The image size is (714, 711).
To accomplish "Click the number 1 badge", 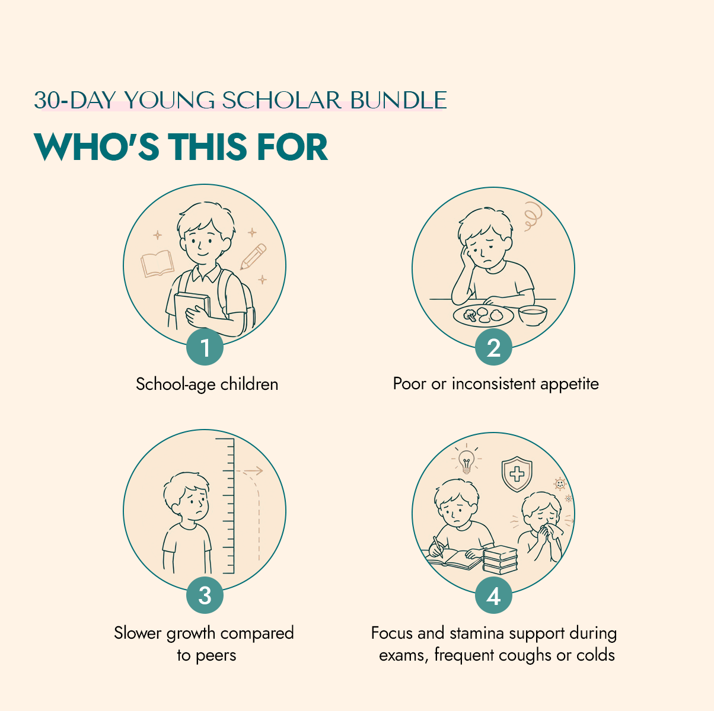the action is pyautogui.click(x=205, y=347).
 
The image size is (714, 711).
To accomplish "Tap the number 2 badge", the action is pyautogui.click(x=493, y=347).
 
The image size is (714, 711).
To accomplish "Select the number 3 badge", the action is pyautogui.click(x=205, y=595).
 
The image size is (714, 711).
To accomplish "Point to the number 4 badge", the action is pyautogui.click(x=493, y=595).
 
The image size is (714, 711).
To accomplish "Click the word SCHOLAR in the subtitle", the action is pyautogui.click(x=282, y=100).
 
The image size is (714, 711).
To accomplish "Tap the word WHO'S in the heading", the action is pyautogui.click(x=96, y=147).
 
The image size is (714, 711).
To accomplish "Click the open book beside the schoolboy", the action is pyautogui.click(x=157, y=263).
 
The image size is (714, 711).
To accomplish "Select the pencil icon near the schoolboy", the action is pyautogui.click(x=253, y=256).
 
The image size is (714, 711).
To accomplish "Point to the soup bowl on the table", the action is pyautogui.click(x=533, y=315).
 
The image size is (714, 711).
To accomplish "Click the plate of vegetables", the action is pyautogui.click(x=483, y=316).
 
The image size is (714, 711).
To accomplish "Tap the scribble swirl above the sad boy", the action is pyautogui.click(x=533, y=216).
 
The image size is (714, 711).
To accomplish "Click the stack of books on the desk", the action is pyautogui.click(x=500, y=559).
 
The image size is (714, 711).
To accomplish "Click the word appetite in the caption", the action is pyautogui.click(x=569, y=384).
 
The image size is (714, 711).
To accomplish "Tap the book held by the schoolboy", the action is pyautogui.click(x=192, y=311).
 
